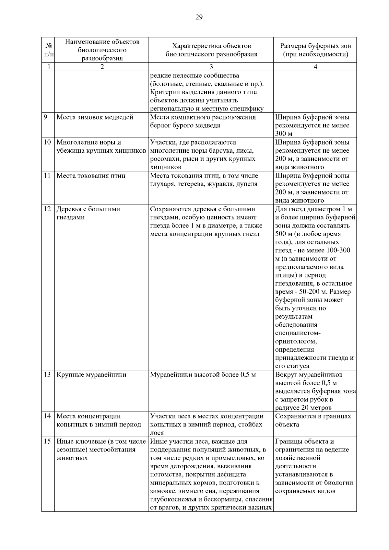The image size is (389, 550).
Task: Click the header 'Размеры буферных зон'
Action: [x=315, y=46]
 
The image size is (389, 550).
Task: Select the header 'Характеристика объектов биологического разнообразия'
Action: [x=211, y=50]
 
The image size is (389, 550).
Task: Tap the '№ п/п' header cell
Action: [x=48, y=50]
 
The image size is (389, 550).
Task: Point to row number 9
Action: [x=46, y=117]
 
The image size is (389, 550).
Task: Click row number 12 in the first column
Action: [x=47, y=209]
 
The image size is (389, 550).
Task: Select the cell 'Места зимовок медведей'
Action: [x=95, y=117]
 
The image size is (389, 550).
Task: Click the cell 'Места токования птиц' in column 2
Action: [x=91, y=176]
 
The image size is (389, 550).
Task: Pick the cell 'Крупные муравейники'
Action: [x=91, y=375]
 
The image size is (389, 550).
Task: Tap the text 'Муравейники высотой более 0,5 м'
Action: [x=203, y=375]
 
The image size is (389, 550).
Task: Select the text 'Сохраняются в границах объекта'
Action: [x=313, y=420]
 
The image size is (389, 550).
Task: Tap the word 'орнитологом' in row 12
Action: [x=296, y=341]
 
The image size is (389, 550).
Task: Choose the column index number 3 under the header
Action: [x=211, y=67]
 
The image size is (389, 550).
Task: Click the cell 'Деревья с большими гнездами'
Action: [x=88, y=213]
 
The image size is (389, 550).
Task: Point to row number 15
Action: [x=47, y=441]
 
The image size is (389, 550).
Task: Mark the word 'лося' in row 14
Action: [x=157, y=433]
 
